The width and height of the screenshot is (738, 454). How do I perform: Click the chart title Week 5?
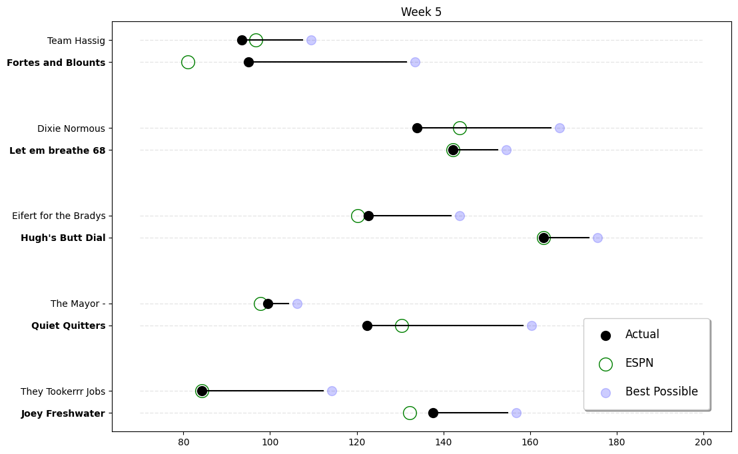click(421, 12)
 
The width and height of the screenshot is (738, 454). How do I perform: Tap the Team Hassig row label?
click(76, 41)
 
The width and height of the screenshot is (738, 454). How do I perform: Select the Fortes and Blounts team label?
click(56, 63)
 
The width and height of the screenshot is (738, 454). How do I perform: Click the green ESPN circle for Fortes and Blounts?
click(188, 63)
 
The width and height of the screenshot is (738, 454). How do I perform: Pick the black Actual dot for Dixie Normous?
click(417, 128)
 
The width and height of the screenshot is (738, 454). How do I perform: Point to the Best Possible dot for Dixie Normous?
click(559, 128)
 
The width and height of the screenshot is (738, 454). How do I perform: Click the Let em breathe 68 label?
click(57, 150)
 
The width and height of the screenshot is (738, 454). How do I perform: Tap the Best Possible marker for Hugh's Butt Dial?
click(597, 238)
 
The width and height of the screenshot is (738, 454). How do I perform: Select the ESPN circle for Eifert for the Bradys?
click(358, 216)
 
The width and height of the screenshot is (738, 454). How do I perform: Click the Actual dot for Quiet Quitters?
click(367, 326)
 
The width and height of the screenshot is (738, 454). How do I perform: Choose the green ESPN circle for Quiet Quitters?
click(402, 326)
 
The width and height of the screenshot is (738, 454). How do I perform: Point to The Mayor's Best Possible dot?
click(297, 304)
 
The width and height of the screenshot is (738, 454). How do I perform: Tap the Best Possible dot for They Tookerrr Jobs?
click(332, 391)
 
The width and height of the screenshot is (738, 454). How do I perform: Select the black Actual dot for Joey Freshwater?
click(433, 413)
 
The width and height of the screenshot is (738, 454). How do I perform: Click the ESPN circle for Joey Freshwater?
click(410, 413)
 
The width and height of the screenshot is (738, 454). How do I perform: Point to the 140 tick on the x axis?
click(444, 443)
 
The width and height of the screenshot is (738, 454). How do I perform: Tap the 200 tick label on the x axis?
click(703, 443)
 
